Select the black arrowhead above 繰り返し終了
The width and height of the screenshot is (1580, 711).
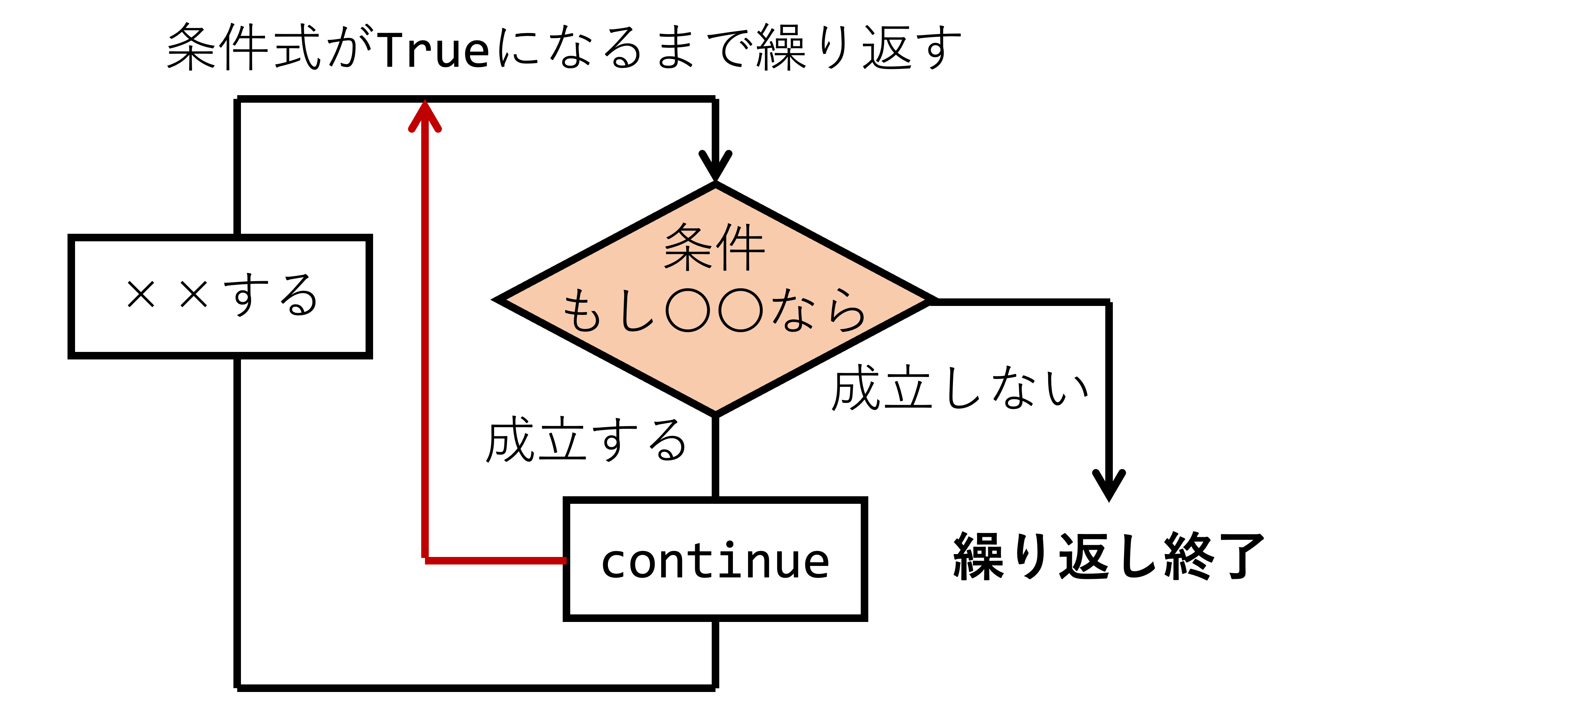click(x=1109, y=486)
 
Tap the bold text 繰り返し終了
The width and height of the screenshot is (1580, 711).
click(x=1109, y=556)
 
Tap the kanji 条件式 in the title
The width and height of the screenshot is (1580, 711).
click(x=244, y=47)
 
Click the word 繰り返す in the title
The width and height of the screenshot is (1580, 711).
click(x=859, y=47)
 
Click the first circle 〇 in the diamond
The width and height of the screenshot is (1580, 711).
click(x=688, y=310)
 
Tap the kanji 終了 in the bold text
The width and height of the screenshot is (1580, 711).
click(x=1214, y=556)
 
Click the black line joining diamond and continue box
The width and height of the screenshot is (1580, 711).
click(x=715, y=456)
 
